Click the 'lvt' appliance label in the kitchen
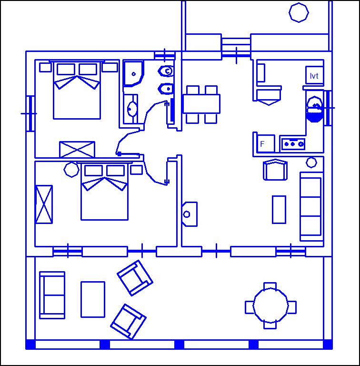pyautogui.click(x=314, y=76)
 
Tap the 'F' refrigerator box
pyautogui.click(x=266, y=143)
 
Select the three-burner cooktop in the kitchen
pyautogui.click(x=293, y=144)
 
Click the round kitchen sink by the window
pyautogui.click(x=315, y=109)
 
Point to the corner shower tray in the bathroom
pyautogui.click(x=133, y=74)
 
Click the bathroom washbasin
pyautogui.click(x=132, y=109)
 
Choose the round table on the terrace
pyautogui.click(x=270, y=305)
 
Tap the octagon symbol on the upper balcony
pyautogui.click(x=299, y=12)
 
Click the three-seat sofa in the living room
pyautogui.click(x=311, y=206)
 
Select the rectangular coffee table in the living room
pyautogui.click(x=279, y=210)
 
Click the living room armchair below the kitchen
pyautogui.click(x=275, y=170)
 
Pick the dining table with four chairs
pyautogui.click(x=201, y=104)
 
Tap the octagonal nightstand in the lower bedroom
pyautogui.click(x=71, y=170)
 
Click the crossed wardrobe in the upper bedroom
pyautogui.click(x=77, y=149)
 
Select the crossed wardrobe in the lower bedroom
pyautogui.click(x=44, y=204)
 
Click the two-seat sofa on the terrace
pyautogui.click(x=52, y=295)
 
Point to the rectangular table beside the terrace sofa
pyautogui.click(x=93, y=299)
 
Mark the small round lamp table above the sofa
pyautogui.click(x=311, y=163)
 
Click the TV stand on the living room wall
pyautogui.click(x=190, y=214)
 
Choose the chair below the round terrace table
pyautogui.click(x=270, y=325)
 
